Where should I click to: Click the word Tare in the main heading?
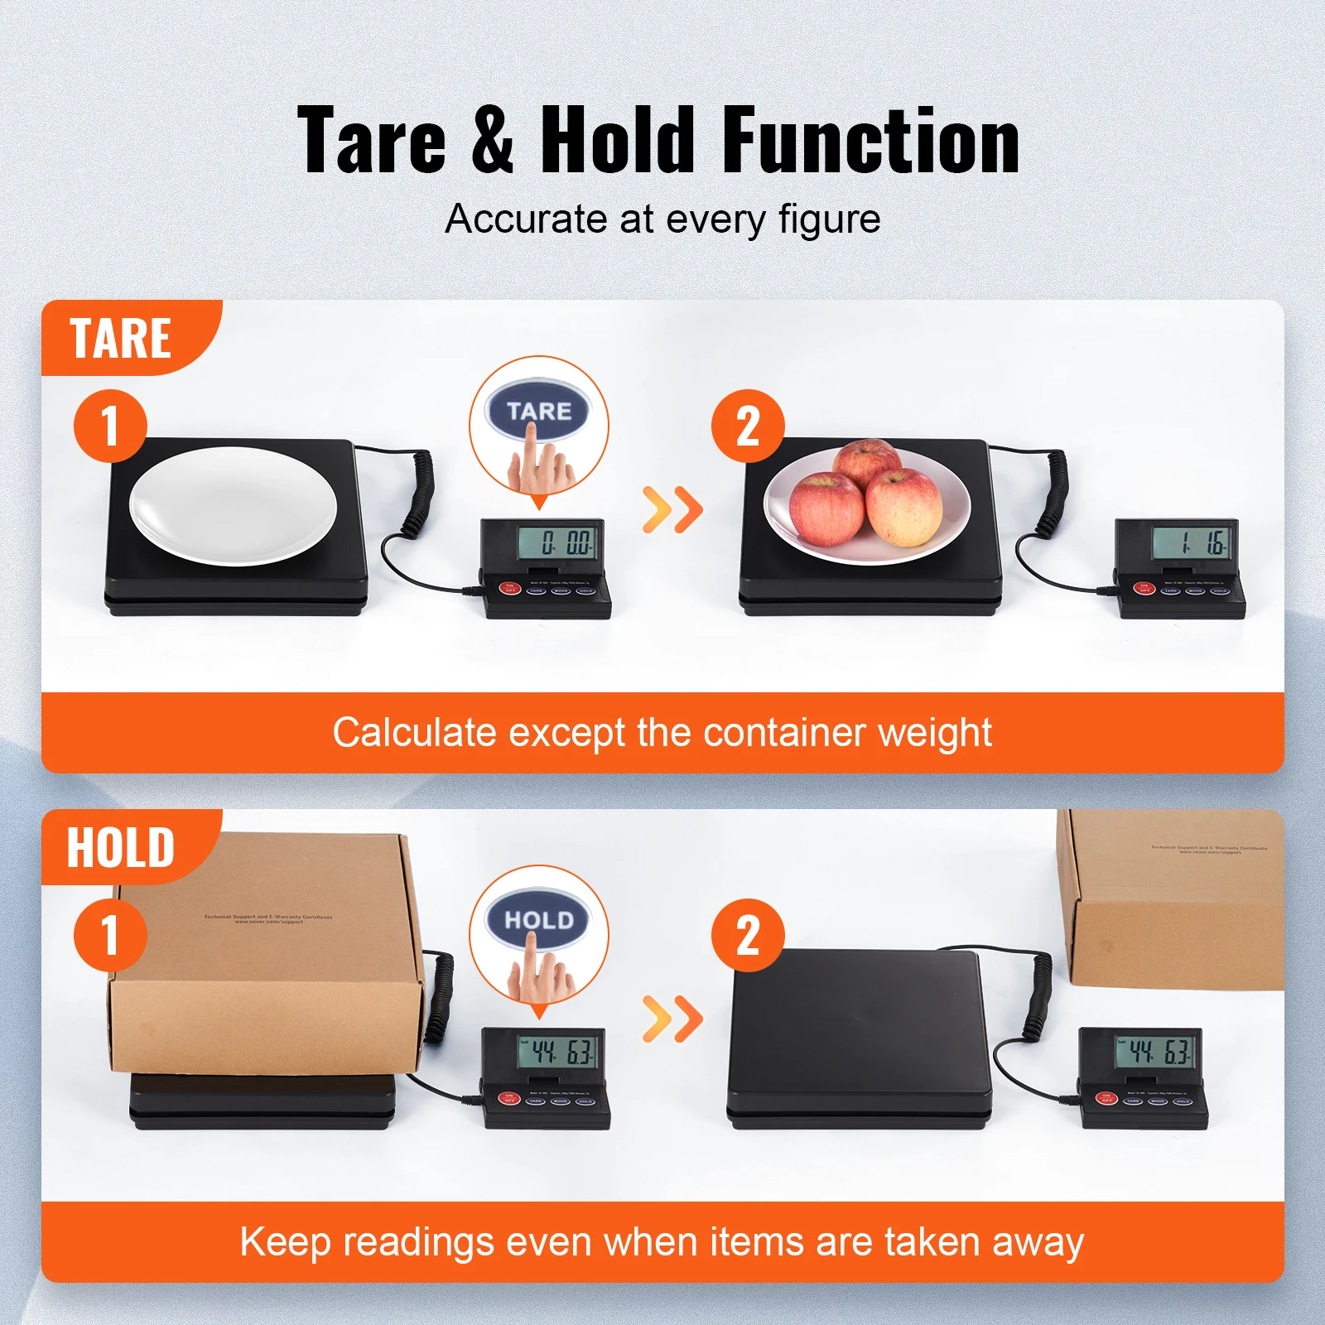pos(372,141)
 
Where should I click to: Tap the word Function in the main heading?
pos(870,141)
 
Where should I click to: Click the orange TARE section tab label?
pos(121,338)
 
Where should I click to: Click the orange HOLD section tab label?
pos(121,847)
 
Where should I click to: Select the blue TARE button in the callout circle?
pos(538,411)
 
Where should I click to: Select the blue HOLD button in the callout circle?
pos(538,920)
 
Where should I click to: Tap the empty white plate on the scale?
pos(233,505)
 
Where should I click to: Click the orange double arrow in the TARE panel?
pos(672,509)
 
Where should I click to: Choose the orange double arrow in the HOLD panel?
pos(672,1019)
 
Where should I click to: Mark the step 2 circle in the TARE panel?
pos(748,426)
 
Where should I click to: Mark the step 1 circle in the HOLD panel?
pos(110,936)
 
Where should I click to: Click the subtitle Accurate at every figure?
pos(662,219)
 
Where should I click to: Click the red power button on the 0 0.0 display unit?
pos(509,589)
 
